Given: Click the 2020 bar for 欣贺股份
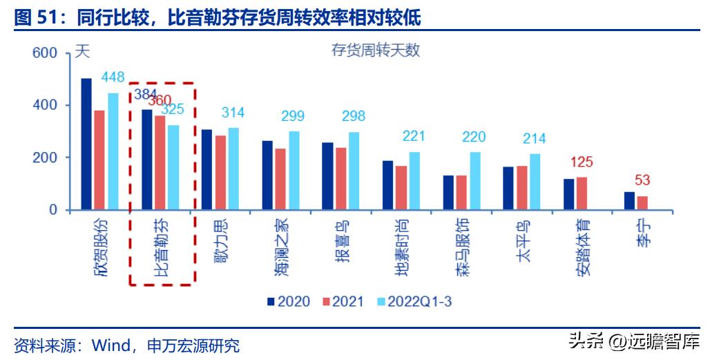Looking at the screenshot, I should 86,144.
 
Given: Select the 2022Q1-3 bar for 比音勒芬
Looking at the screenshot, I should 173,167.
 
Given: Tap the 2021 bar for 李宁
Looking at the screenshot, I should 642,202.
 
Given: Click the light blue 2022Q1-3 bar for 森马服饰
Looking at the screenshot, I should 474,181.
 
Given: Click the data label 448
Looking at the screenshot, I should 113,77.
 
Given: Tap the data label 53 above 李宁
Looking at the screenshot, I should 642,180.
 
